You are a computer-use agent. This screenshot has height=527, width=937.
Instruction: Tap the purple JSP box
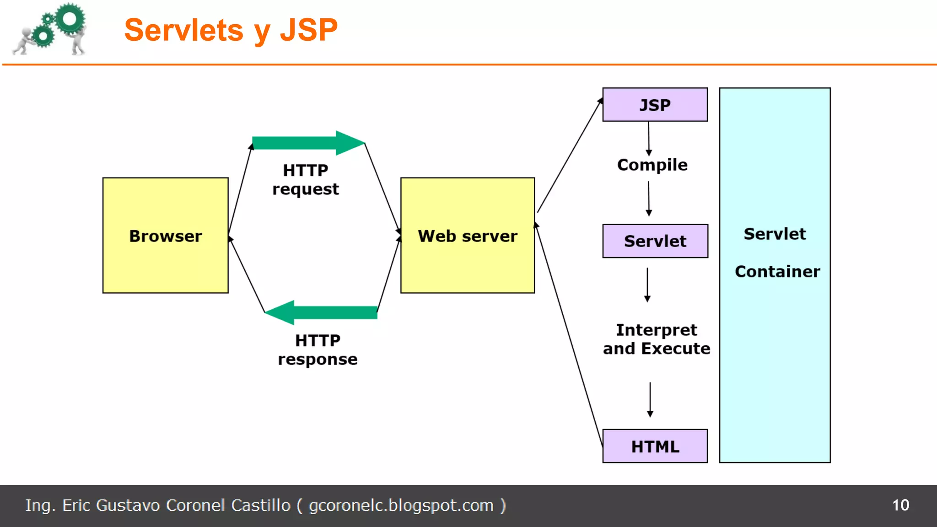click(x=655, y=105)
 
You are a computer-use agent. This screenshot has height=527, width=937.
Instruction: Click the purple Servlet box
click(x=655, y=241)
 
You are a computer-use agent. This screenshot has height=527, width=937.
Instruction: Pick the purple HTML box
click(x=655, y=446)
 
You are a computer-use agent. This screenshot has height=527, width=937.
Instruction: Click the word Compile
click(x=652, y=165)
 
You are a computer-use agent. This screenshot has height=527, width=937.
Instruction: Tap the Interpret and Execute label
click(x=656, y=339)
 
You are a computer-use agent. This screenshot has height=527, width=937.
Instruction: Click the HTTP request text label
click(x=306, y=180)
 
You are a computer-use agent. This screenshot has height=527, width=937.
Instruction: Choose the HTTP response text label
click(x=318, y=350)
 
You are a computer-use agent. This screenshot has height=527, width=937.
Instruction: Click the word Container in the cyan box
click(x=777, y=272)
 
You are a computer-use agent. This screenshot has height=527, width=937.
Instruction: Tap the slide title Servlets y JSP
click(x=231, y=30)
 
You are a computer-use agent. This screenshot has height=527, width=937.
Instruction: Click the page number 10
click(x=900, y=505)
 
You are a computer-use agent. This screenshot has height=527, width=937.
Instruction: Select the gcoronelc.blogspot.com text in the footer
click(x=401, y=505)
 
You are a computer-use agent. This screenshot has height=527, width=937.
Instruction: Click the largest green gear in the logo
click(x=70, y=19)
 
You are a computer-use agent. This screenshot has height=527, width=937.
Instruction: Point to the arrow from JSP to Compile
click(x=648, y=138)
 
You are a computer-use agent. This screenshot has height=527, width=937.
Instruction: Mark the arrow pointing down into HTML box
click(x=650, y=399)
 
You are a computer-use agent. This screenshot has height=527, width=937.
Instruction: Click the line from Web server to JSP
click(x=570, y=156)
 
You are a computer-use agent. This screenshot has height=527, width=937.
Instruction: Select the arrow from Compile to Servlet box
click(x=648, y=199)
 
